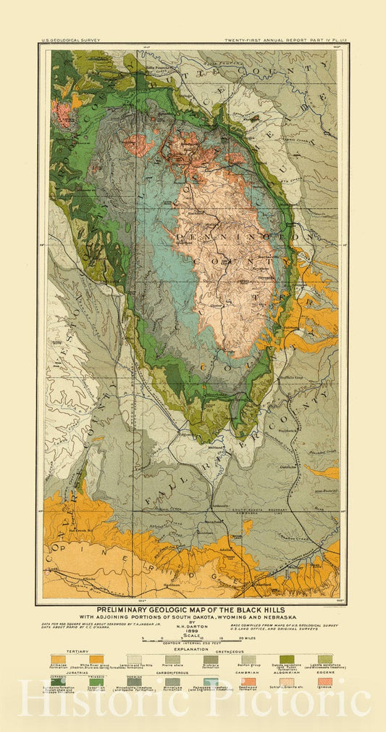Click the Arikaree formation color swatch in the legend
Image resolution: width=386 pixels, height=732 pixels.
click(57, 659)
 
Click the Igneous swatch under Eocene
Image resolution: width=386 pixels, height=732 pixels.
click(324, 682)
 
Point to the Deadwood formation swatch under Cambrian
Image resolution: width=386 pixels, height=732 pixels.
click(248, 682)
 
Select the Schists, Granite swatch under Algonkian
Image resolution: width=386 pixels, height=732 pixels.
click(287, 682)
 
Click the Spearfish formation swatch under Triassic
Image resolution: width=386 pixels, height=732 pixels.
click(96, 682)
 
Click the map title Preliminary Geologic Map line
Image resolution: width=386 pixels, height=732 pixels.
click(193, 610)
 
